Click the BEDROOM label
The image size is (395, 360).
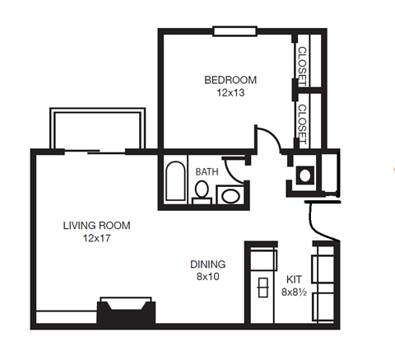point(230,80)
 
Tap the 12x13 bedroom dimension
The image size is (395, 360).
point(230,92)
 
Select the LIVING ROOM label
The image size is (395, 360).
point(96,225)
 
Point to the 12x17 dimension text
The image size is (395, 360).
point(96,238)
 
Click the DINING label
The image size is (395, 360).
point(207,264)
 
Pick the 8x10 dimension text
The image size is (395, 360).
point(207,278)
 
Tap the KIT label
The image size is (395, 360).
point(293,278)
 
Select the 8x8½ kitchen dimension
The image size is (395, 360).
point(295,291)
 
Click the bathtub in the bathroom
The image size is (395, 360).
point(175,182)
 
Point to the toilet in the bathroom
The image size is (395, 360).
point(201,192)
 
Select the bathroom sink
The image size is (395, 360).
point(230,196)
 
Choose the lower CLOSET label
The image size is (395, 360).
point(302,124)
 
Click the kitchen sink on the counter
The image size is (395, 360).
point(263,288)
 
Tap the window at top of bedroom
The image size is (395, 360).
point(235,32)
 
